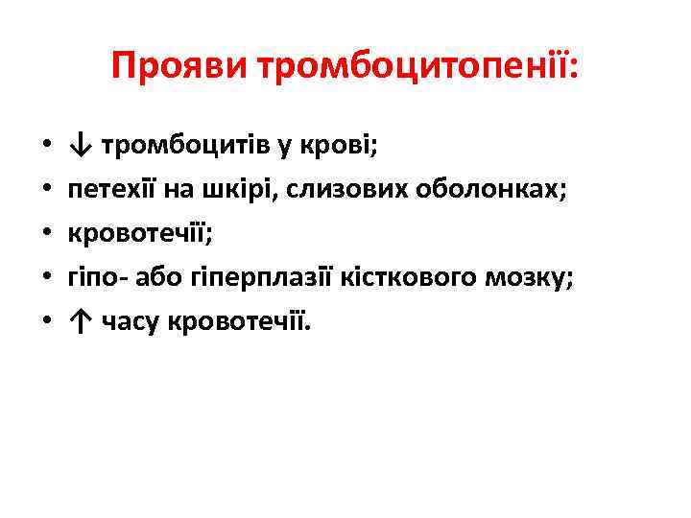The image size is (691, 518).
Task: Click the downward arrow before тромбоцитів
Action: point(80,146)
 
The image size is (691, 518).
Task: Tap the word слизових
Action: point(349,189)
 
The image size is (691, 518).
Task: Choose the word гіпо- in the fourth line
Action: point(97,277)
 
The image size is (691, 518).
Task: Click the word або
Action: point(161,277)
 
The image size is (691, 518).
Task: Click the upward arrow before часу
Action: point(80,321)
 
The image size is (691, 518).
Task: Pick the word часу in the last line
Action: point(131,321)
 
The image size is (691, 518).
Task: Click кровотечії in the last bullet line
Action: point(239,321)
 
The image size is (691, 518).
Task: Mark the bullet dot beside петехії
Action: point(45,190)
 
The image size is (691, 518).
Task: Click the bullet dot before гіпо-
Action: point(45,278)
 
